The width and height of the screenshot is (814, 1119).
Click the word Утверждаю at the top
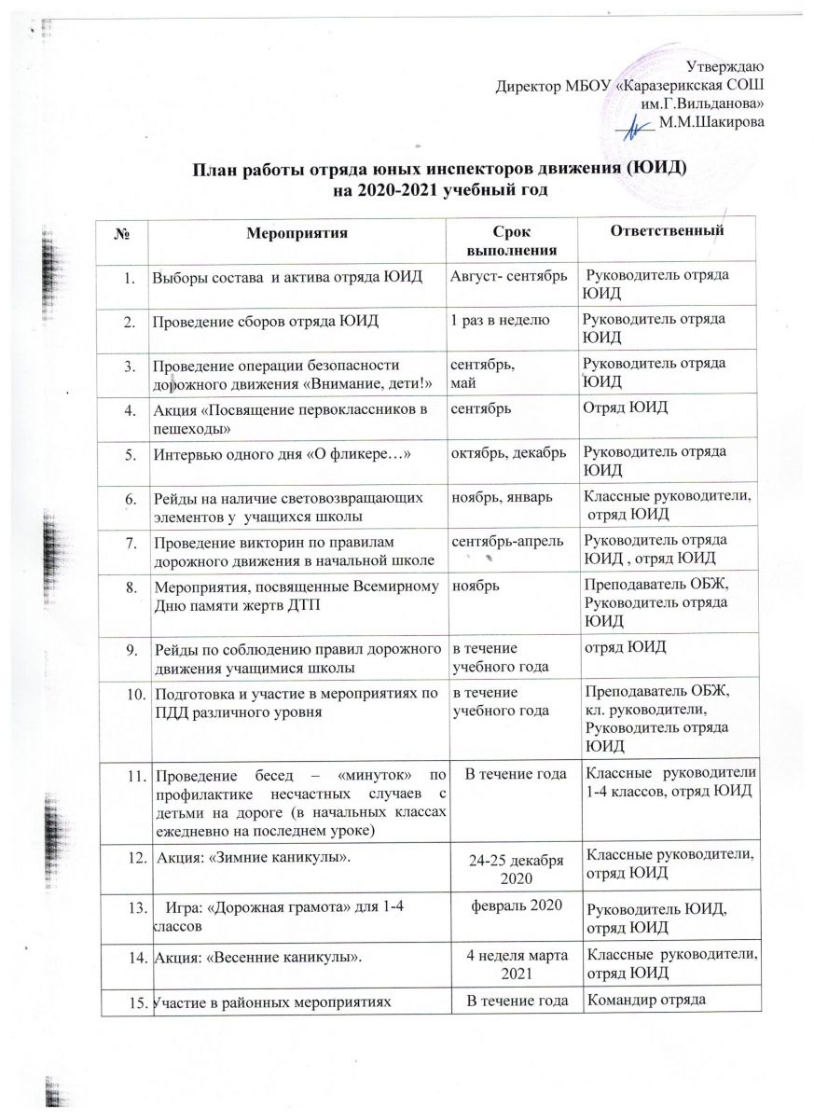point(725,66)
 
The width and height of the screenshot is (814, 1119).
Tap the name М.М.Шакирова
point(711,125)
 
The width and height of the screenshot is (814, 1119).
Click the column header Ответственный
point(653,229)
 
